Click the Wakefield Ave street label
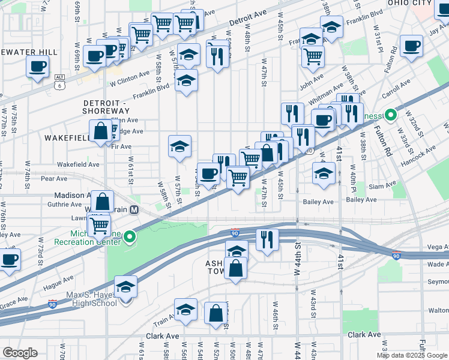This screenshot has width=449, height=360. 78,164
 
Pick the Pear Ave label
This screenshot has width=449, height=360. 53,178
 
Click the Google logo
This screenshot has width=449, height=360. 20,353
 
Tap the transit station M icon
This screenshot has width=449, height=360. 134,210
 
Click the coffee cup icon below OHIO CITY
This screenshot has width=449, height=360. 412,47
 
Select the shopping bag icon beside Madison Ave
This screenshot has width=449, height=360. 103,202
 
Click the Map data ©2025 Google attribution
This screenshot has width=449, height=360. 412,355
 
